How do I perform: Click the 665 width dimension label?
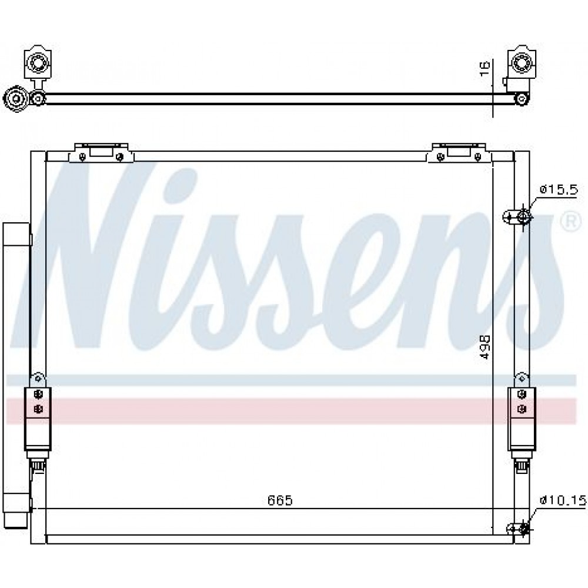tap(280, 500)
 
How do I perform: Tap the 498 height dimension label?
tap(485, 348)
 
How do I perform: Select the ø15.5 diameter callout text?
tap(559, 190)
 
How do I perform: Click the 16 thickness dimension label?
tap(485, 69)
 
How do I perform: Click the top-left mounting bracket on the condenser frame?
tap(101, 153)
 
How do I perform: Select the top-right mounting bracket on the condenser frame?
tap(459, 153)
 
